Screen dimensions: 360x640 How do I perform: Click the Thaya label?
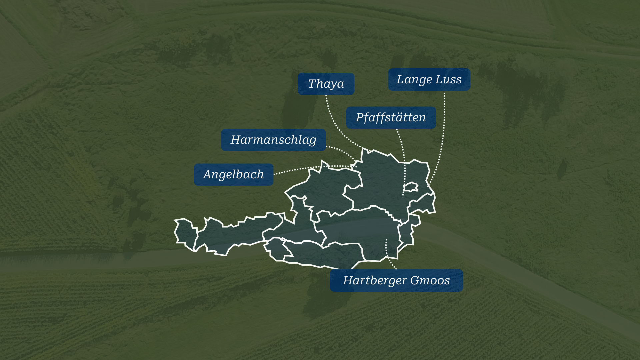tap(326, 84)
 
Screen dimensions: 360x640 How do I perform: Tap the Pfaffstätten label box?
tap(391, 117)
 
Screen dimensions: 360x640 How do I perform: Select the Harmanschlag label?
tap(273, 140)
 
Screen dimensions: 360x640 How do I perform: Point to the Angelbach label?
tap(233, 174)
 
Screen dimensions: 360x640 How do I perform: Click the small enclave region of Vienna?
tap(411, 187)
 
